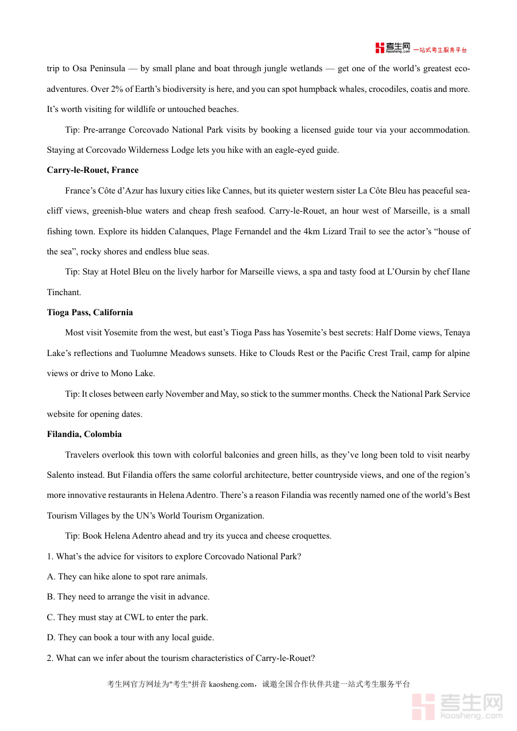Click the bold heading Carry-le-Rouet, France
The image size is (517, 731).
92,170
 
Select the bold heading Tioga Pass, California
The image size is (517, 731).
90,312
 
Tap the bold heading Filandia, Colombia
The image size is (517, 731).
84,434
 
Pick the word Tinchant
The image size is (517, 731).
64,292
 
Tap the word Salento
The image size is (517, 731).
61,475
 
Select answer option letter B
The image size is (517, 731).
51,597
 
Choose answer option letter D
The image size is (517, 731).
51,637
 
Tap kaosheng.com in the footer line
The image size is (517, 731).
231,684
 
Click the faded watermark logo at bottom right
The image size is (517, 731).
457,706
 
